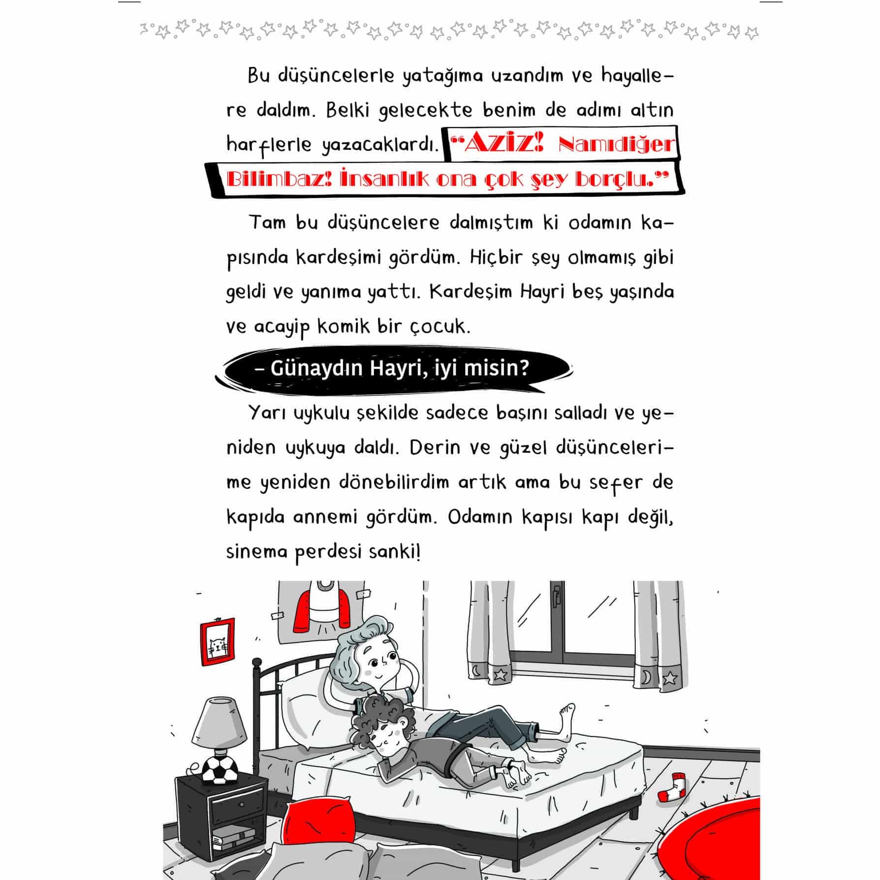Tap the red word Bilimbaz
(278, 180)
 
